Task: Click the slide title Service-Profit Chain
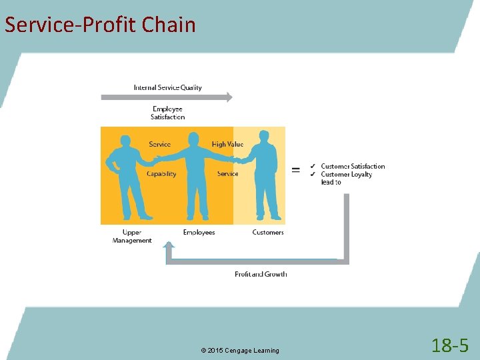(x=100, y=25)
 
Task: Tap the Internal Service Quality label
(x=167, y=87)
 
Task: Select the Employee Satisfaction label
(x=167, y=113)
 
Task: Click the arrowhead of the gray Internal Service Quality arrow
(x=228, y=97)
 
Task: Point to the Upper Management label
(x=132, y=236)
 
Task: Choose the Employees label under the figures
(x=199, y=232)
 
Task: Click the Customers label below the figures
(x=268, y=232)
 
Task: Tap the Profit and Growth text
(x=261, y=274)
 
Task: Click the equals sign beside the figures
(x=295, y=169)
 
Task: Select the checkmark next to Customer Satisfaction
(x=313, y=166)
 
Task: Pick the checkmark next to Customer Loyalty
(x=313, y=174)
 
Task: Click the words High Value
(x=227, y=144)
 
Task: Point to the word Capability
(x=161, y=174)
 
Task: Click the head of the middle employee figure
(x=194, y=138)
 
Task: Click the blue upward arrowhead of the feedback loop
(x=169, y=246)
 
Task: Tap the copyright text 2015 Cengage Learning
(x=239, y=351)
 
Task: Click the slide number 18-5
(x=450, y=345)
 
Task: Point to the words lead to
(x=331, y=182)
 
